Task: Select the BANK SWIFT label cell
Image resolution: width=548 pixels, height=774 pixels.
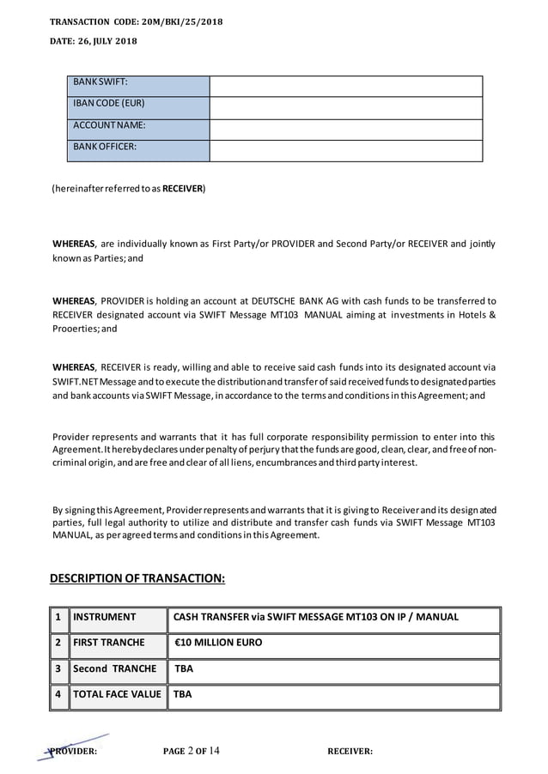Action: click(x=137, y=86)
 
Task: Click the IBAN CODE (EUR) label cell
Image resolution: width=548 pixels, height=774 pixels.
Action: click(x=137, y=107)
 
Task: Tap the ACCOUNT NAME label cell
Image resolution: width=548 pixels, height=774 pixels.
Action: click(x=137, y=129)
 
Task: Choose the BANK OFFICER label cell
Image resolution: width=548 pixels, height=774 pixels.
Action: click(x=137, y=150)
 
